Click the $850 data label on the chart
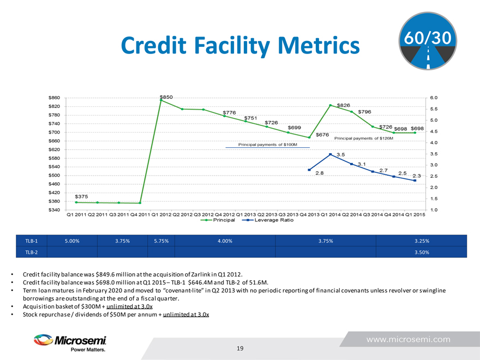click(166, 97)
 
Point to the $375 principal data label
click(82, 196)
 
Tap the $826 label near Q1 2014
click(344, 105)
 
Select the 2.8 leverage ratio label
click(320, 173)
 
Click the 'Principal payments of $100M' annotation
click(268, 145)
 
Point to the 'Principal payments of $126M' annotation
click(367, 138)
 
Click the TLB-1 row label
click(31, 241)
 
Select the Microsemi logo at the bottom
click(69, 343)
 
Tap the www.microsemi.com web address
click(408, 339)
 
